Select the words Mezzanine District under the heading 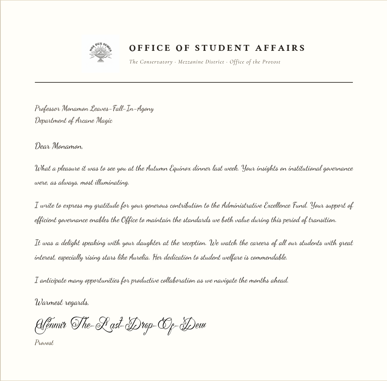[x=201, y=62]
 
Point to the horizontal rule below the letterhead [x=193, y=82]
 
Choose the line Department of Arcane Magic [x=73, y=121]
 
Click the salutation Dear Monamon [x=59, y=146]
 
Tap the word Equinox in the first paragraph [x=180, y=168]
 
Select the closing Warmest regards [x=62, y=303]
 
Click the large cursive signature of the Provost [x=121, y=325]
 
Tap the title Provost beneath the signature [x=44, y=343]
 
